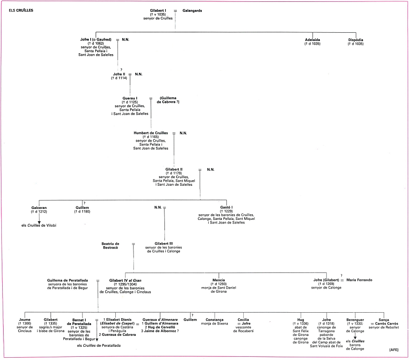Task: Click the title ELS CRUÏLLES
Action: click(x=21, y=10)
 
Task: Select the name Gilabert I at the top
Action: click(x=158, y=11)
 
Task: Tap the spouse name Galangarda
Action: click(x=192, y=11)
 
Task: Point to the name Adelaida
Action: click(x=313, y=40)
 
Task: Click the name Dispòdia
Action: click(x=356, y=40)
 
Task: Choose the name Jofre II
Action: click(x=119, y=74)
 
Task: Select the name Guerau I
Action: click(x=130, y=98)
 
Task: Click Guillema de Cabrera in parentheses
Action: click(x=168, y=100)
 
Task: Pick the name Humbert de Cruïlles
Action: click(x=151, y=133)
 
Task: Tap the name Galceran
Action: click(x=39, y=208)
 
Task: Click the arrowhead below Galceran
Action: click(x=39, y=222)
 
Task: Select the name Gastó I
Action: click(x=226, y=208)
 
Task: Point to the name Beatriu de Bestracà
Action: click(x=110, y=246)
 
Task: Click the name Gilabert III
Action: click(x=164, y=243)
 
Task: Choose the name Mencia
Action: click(x=219, y=280)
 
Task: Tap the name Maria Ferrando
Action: click(x=359, y=280)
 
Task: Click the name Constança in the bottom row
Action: click(x=215, y=320)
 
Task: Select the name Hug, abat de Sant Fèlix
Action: click(x=301, y=320)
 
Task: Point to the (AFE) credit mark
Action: click(x=394, y=350)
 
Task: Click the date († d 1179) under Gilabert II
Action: click(x=174, y=173)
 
